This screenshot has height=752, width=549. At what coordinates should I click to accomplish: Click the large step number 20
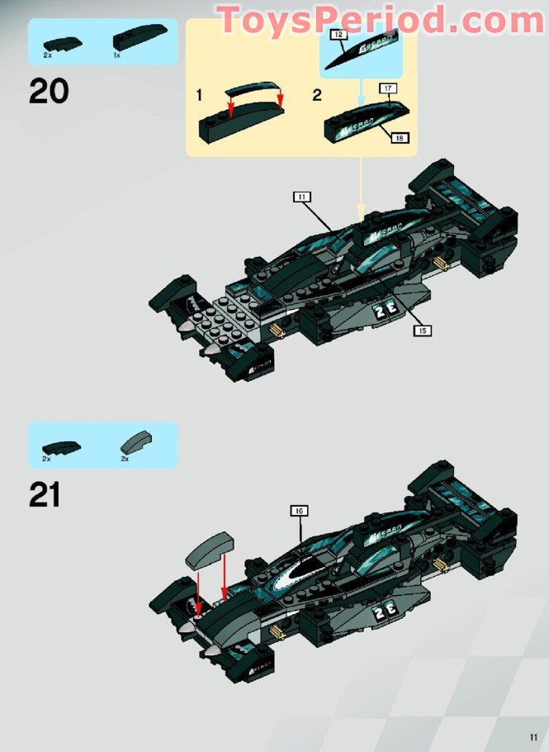(x=49, y=90)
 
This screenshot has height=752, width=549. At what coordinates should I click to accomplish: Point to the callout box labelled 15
(x=423, y=330)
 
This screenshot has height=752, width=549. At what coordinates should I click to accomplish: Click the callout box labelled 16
(x=300, y=510)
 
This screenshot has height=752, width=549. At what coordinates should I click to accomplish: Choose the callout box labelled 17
(x=387, y=87)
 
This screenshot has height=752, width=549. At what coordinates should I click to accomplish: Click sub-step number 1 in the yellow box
(x=199, y=96)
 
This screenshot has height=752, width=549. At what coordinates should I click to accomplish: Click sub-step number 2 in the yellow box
(x=317, y=96)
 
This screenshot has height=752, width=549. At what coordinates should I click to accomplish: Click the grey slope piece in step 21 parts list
(x=135, y=440)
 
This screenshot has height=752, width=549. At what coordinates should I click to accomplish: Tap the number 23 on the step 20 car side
(x=384, y=311)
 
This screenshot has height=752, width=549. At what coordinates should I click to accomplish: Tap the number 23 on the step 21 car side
(x=385, y=611)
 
